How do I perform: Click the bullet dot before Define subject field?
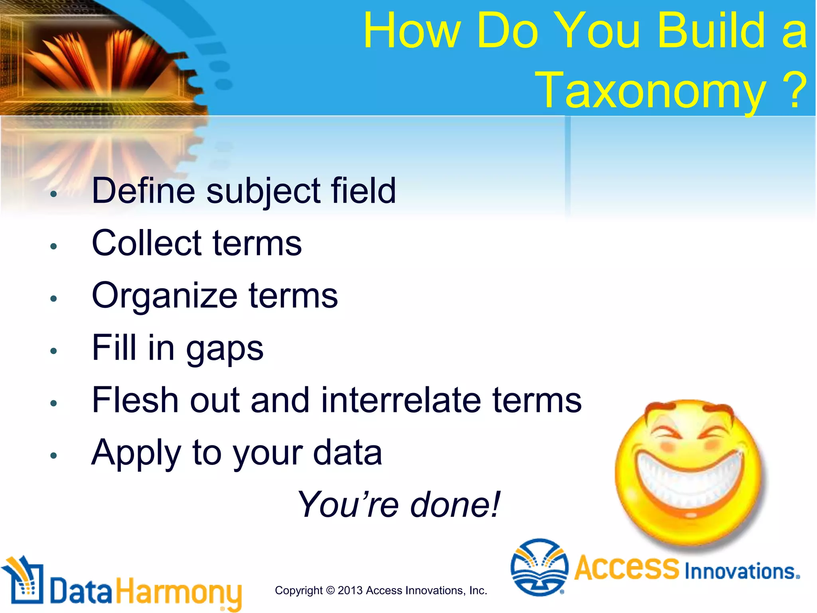(53, 194)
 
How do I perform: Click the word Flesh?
(135, 400)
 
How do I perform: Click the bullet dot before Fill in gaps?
(53, 351)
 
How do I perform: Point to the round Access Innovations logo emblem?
(539, 567)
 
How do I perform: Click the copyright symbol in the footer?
(330, 591)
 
